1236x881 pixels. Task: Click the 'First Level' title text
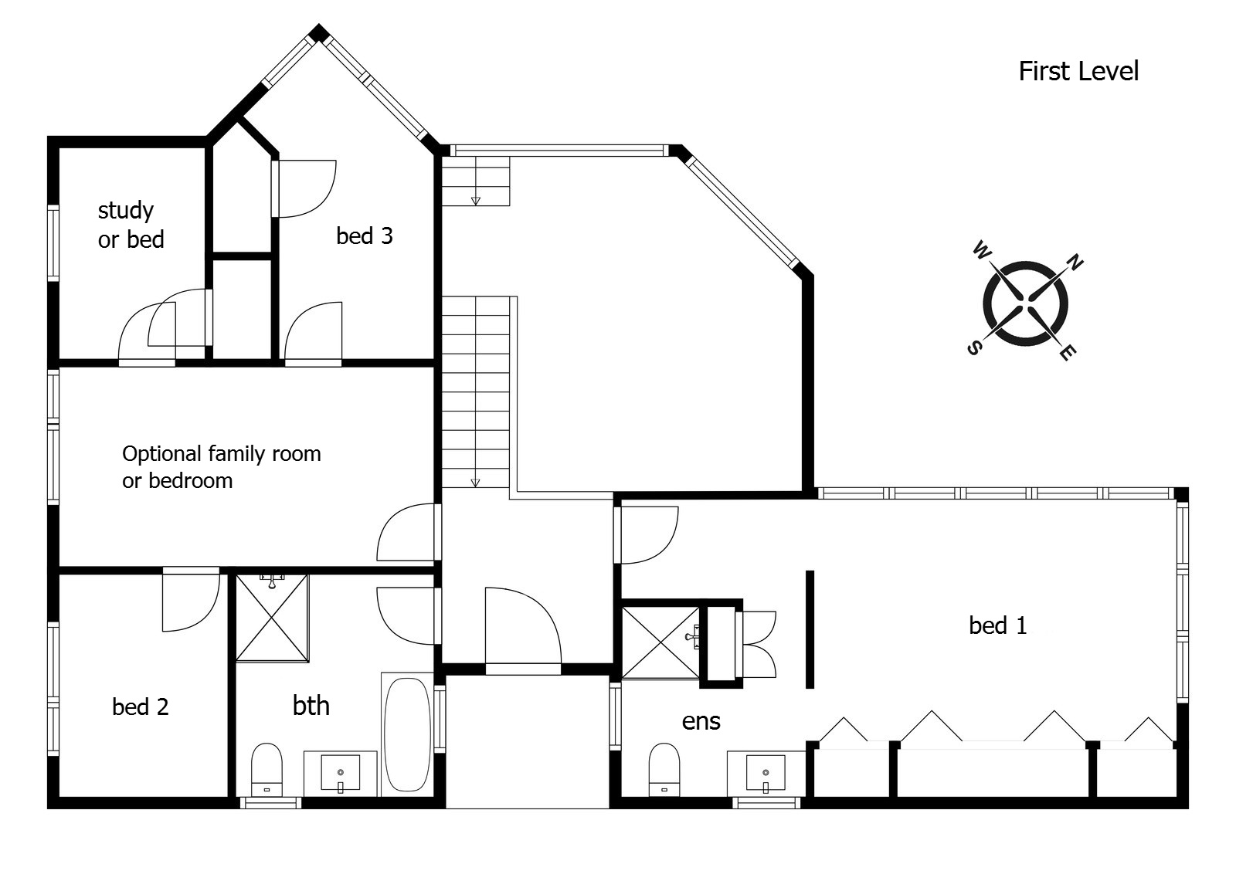click(1078, 71)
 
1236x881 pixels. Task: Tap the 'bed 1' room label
click(997, 625)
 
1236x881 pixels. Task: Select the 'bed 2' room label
click(140, 706)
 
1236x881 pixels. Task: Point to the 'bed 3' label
click(364, 235)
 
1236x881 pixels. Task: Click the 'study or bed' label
click(131, 225)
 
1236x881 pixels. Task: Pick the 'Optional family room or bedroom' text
click(221, 466)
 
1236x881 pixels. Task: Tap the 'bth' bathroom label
click(311, 706)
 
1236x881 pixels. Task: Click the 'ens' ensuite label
click(701, 722)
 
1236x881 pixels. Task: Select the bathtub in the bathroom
click(407, 734)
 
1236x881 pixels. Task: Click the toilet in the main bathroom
click(267, 770)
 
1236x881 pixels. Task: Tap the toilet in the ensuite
click(664, 770)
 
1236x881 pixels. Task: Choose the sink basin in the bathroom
click(341, 773)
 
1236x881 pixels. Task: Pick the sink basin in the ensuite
click(766, 773)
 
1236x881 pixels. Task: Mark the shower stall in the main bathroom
click(272, 617)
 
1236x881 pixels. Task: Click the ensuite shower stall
click(660, 642)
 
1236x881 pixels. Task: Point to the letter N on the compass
click(1075, 263)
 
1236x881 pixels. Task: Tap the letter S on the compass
click(975, 347)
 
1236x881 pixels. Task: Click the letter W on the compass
click(982, 251)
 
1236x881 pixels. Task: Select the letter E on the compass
click(1068, 353)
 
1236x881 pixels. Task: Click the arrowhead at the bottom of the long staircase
click(475, 483)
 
